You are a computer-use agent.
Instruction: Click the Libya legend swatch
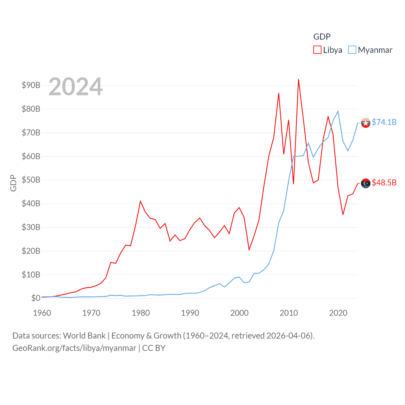(x=317, y=50)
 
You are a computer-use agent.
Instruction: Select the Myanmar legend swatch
(x=352, y=50)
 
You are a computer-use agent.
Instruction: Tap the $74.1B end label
(x=384, y=122)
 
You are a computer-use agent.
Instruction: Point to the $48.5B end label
(x=384, y=183)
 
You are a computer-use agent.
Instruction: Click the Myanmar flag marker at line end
(x=366, y=123)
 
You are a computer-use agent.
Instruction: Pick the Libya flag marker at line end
(x=366, y=183)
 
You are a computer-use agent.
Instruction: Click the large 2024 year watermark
(x=76, y=86)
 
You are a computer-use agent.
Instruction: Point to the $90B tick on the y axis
(x=31, y=85)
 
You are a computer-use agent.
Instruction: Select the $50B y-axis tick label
(x=31, y=180)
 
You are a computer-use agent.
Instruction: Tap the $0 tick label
(x=36, y=298)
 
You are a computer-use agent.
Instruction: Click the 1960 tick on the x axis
(x=42, y=313)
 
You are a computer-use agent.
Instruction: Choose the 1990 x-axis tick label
(x=190, y=313)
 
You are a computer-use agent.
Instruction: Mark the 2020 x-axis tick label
(x=338, y=313)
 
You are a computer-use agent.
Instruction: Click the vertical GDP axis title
(x=13, y=183)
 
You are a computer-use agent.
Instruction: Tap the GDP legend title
(x=322, y=37)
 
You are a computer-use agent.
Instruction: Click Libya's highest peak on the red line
(x=298, y=79)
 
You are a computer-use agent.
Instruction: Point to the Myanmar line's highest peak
(x=338, y=111)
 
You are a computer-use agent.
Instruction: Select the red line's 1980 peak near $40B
(x=140, y=201)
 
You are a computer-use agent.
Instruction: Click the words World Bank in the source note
(x=84, y=335)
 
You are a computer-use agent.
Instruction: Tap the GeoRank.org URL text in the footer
(x=74, y=348)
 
